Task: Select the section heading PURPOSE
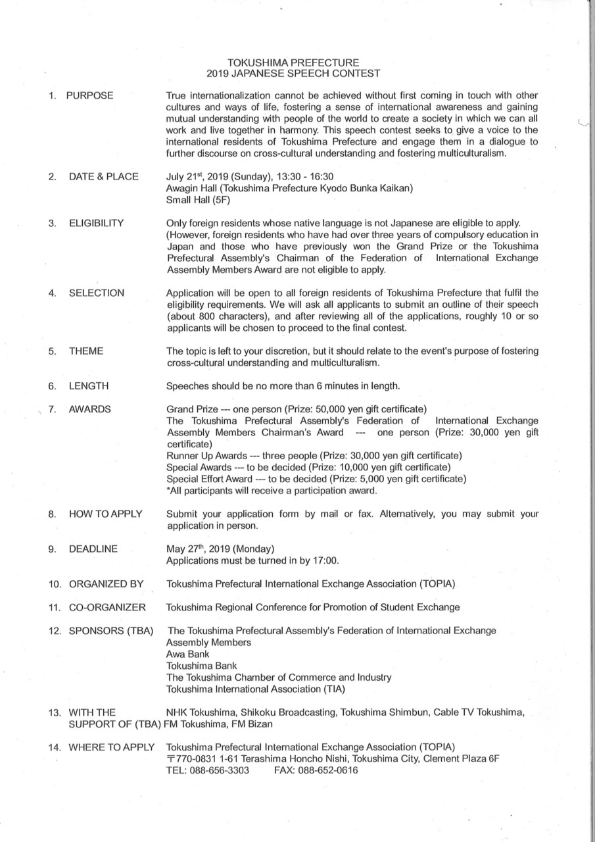(89, 96)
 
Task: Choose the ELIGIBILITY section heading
(96, 224)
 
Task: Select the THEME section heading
(86, 351)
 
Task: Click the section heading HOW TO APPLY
(105, 514)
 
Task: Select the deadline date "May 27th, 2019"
(202, 549)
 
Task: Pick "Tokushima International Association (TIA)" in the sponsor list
(256, 689)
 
